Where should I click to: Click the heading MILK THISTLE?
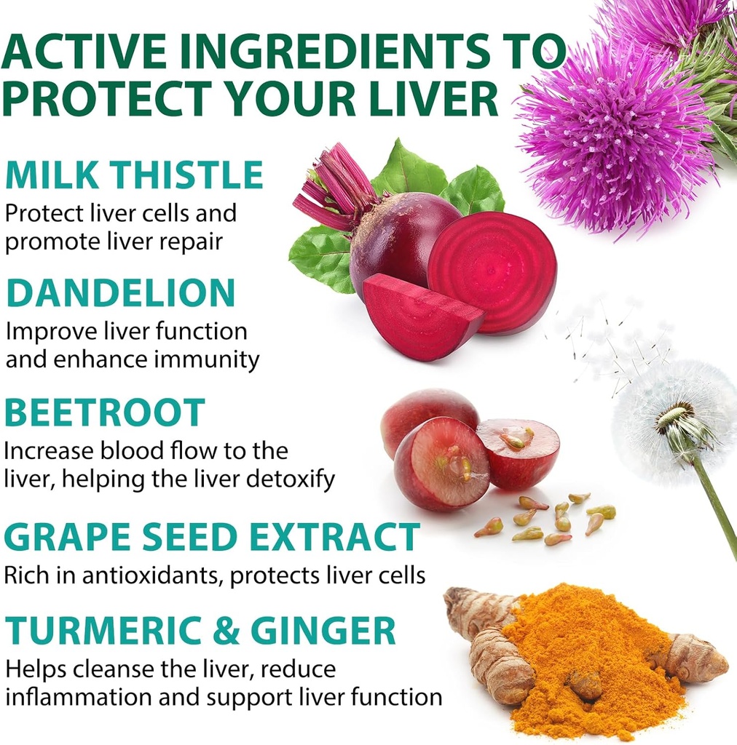pos(134,176)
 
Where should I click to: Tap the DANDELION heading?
pos(121,293)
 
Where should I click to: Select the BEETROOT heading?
pos(104,413)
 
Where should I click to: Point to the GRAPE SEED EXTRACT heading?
pos(212,537)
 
